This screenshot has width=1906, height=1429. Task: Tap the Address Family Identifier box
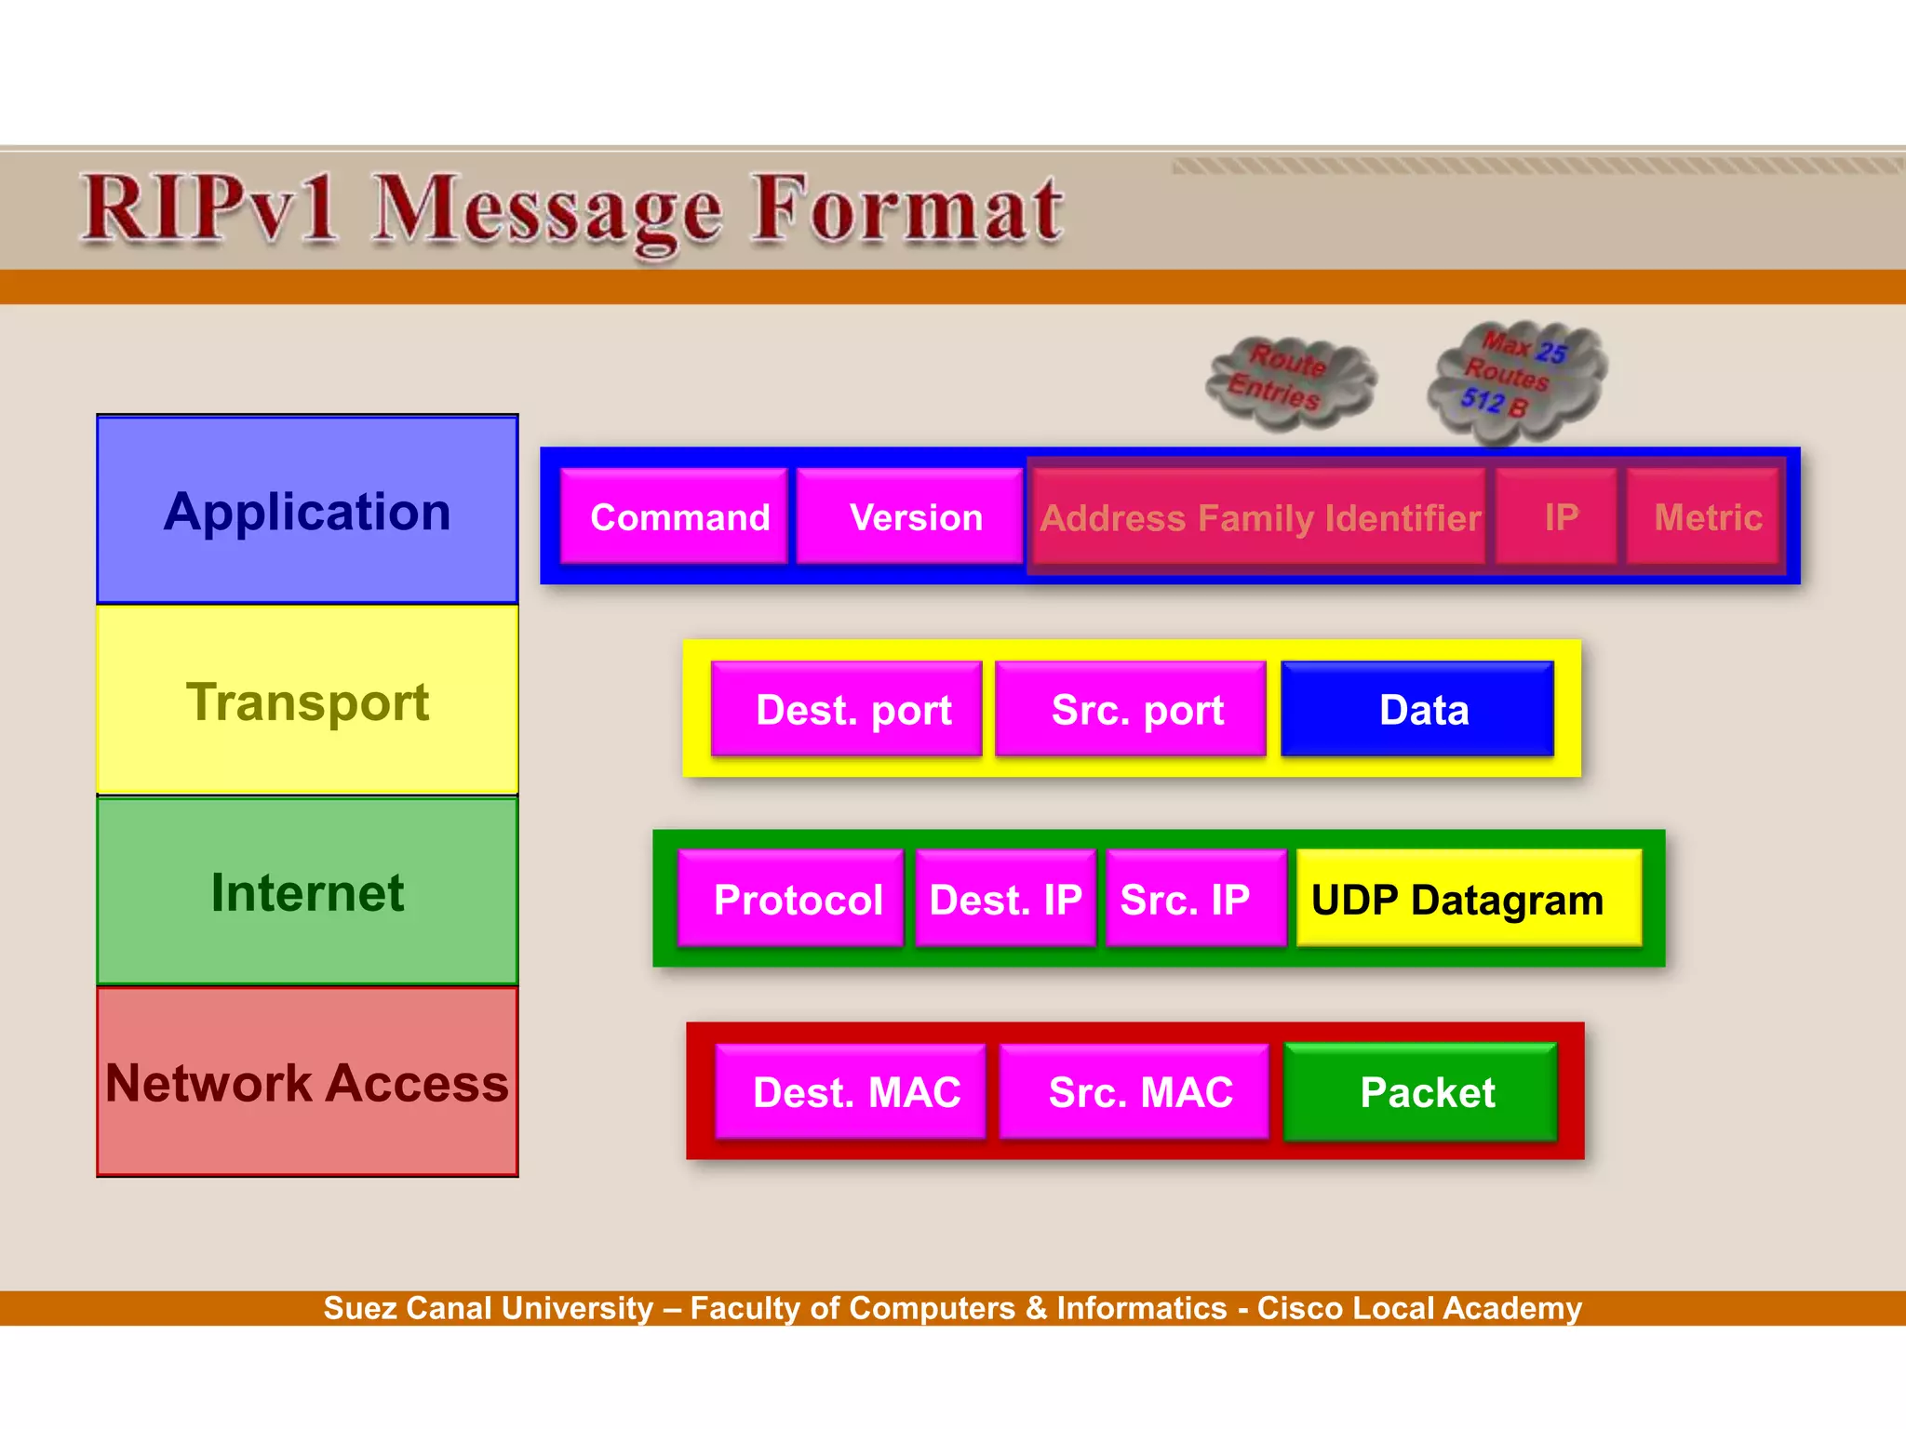[1259, 517]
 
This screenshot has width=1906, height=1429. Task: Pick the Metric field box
[1705, 517]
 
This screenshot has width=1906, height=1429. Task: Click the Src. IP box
[1196, 900]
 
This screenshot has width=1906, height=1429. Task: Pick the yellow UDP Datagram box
[1469, 900]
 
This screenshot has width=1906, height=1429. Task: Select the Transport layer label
[307, 701]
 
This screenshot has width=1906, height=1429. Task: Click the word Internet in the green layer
[307, 893]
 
